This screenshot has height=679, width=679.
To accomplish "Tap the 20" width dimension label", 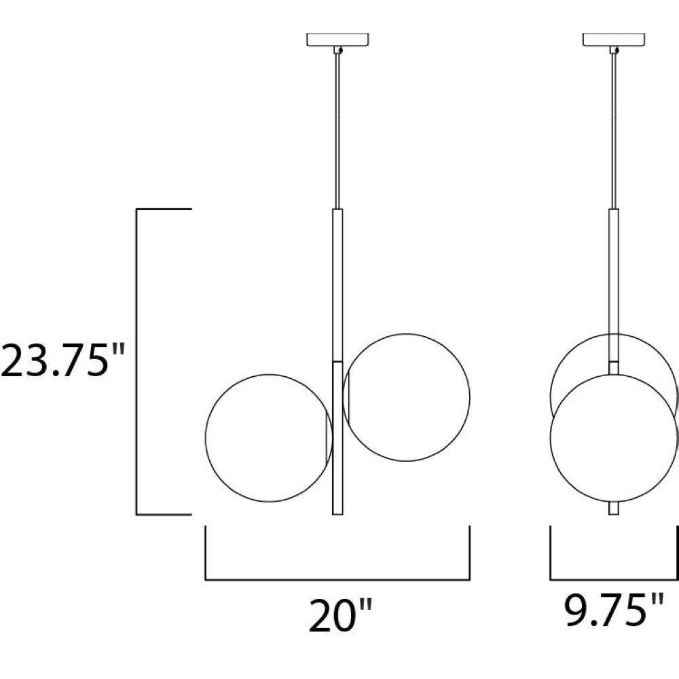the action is tap(340, 616).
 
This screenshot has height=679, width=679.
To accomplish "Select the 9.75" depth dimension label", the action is tap(614, 610).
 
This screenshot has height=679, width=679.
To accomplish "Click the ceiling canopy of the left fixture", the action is tap(337, 39).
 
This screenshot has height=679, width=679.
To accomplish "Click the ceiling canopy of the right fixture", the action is tap(614, 39).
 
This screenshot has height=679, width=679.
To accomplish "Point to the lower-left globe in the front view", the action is tap(206, 438).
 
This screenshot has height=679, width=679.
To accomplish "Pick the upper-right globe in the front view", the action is tap(470, 397).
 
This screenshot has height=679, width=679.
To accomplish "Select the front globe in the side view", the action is tap(551, 438).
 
